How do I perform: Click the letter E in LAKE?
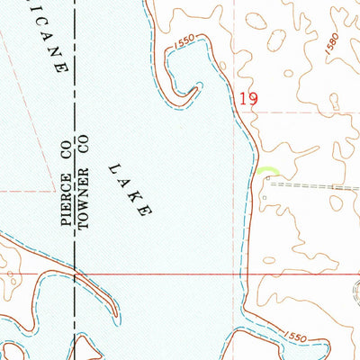(141, 212)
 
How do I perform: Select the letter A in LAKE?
(123, 183)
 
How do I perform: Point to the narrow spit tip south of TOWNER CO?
(115, 315)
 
